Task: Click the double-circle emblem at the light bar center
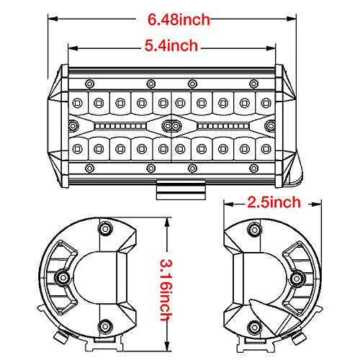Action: point(171,125)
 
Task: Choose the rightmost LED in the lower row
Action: point(266,149)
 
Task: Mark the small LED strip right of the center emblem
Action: point(220,125)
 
